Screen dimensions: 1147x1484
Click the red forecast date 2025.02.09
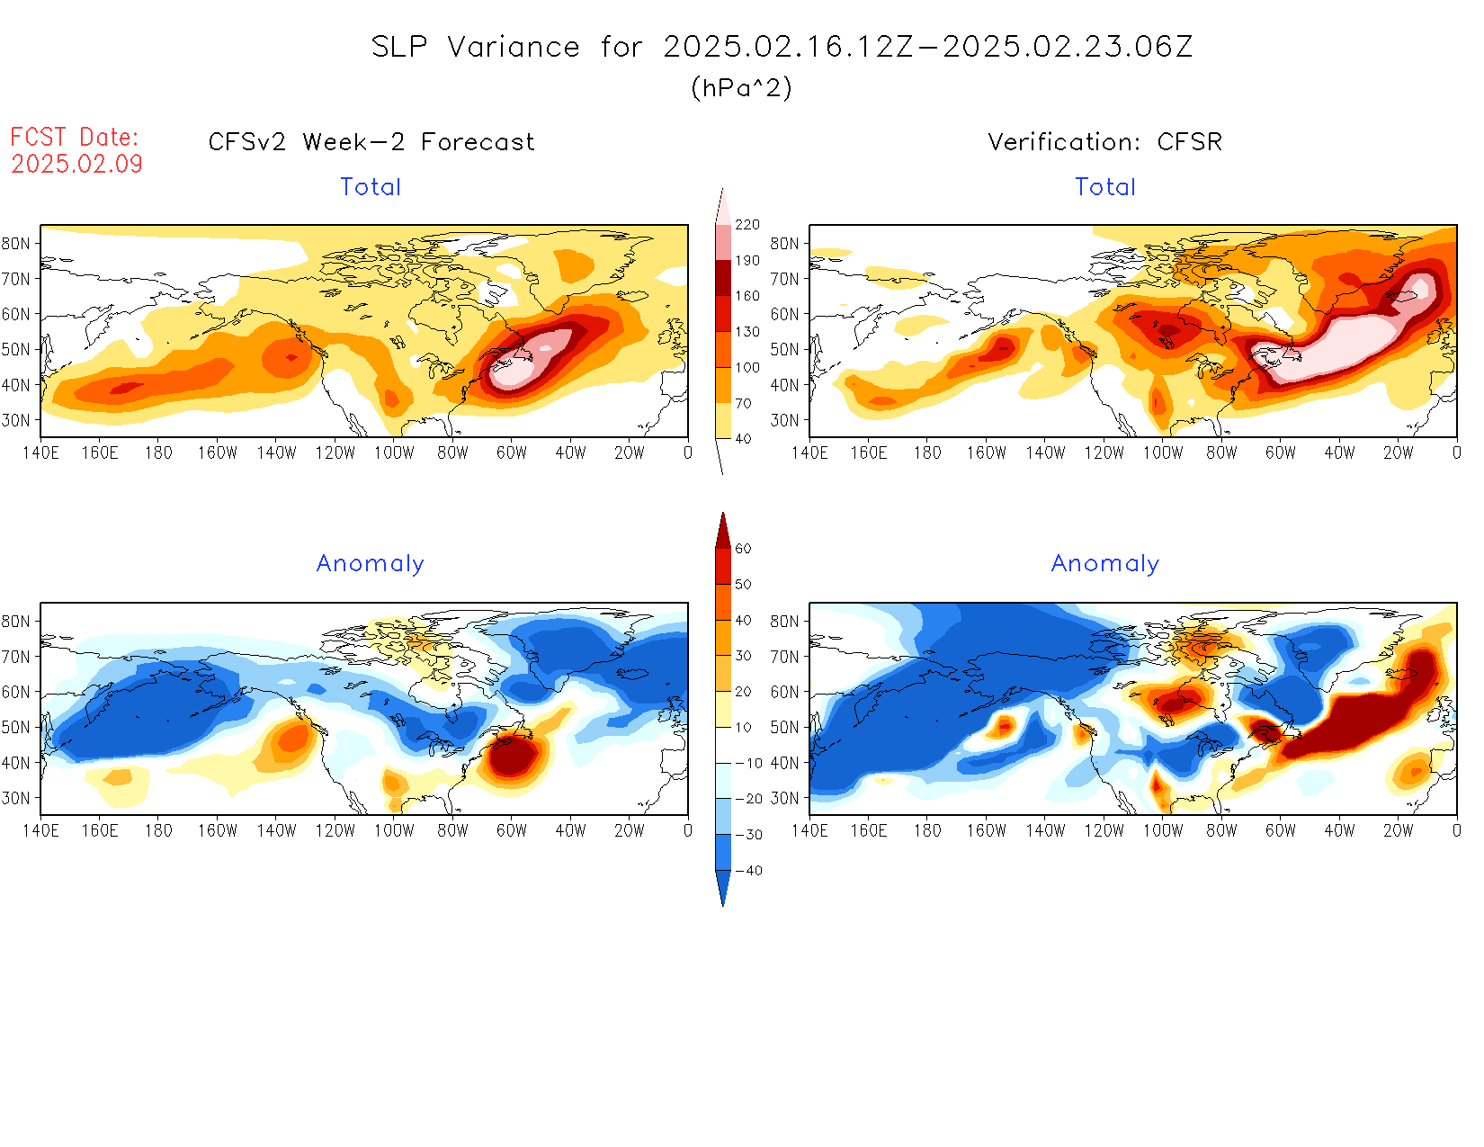pyautogui.click(x=76, y=164)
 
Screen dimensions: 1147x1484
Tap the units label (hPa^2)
pyautogui.click(x=741, y=87)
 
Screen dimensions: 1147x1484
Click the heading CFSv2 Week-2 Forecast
pyautogui.click(x=371, y=142)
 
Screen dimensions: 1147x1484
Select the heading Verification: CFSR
pyautogui.click(x=1105, y=142)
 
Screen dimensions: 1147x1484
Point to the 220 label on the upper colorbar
pyautogui.click(x=747, y=225)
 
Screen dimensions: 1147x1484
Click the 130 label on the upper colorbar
pyautogui.click(x=747, y=332)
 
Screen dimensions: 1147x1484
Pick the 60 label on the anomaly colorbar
pyautogui.click(x=743, y=549)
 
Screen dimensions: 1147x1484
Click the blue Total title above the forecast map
pyautogui.click(x=371, y=187)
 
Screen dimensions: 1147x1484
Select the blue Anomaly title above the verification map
pyautogui.click(x=1105, y=564)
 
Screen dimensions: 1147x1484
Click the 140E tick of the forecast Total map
pyautogui.click(x=40, y=453)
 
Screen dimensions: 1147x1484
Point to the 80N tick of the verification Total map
pyautogui.click(x=784, y=244)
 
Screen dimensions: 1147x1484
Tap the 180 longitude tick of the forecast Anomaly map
pyautogui.click(x=158, y=831)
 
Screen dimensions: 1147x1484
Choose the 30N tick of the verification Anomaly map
pyautogui.click(x=784, y=798)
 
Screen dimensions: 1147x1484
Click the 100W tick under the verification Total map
pyautogui.click(x=1163, y=453)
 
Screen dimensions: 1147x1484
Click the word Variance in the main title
pyautogui.click(x=514, y=47)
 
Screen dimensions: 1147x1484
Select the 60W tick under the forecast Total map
pyautogui.click(x=512, y=453)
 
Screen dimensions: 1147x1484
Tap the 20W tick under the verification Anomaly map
pyautogui.click(x=1398, y=831)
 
